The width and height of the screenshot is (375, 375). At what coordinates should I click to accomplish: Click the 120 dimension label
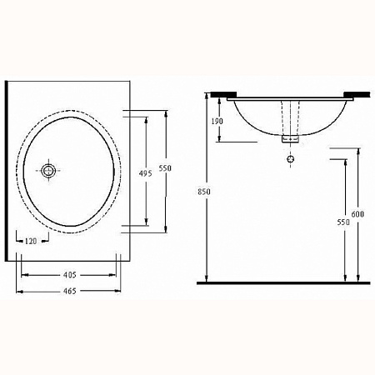point(31,241)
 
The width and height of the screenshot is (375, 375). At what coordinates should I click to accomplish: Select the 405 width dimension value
point(69,275)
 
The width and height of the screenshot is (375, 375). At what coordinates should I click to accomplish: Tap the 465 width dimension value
point(69,291)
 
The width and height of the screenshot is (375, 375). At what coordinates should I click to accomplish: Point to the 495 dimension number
point(146,173)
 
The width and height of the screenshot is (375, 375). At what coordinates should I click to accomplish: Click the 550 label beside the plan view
point(165,167)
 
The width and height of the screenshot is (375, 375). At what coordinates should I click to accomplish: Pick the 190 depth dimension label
point(217,121)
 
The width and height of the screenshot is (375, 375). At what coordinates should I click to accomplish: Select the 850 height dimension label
point(204,192)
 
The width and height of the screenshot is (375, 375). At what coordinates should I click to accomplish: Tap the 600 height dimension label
point(357,214)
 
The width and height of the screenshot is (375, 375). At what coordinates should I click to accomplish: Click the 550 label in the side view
point(343,222)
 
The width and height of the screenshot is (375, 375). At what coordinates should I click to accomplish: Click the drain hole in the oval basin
point(48,171)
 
